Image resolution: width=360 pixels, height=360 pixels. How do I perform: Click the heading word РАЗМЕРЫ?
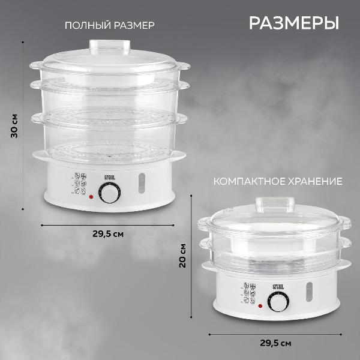(x=293, y=23)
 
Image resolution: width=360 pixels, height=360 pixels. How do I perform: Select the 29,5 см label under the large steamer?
(x=109, y=233)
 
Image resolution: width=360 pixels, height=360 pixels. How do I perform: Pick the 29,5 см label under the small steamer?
(x=277, y=344)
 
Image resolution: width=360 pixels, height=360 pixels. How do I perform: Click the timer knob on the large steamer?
(x=109, y=193)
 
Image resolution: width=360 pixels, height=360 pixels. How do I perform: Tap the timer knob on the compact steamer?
(x=277, y=303)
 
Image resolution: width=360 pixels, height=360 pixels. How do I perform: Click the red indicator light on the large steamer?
(x=91, y=196)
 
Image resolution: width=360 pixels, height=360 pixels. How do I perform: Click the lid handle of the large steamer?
(x=110, y=46)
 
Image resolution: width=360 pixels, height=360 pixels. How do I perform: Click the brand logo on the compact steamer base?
(x=277, y=286)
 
